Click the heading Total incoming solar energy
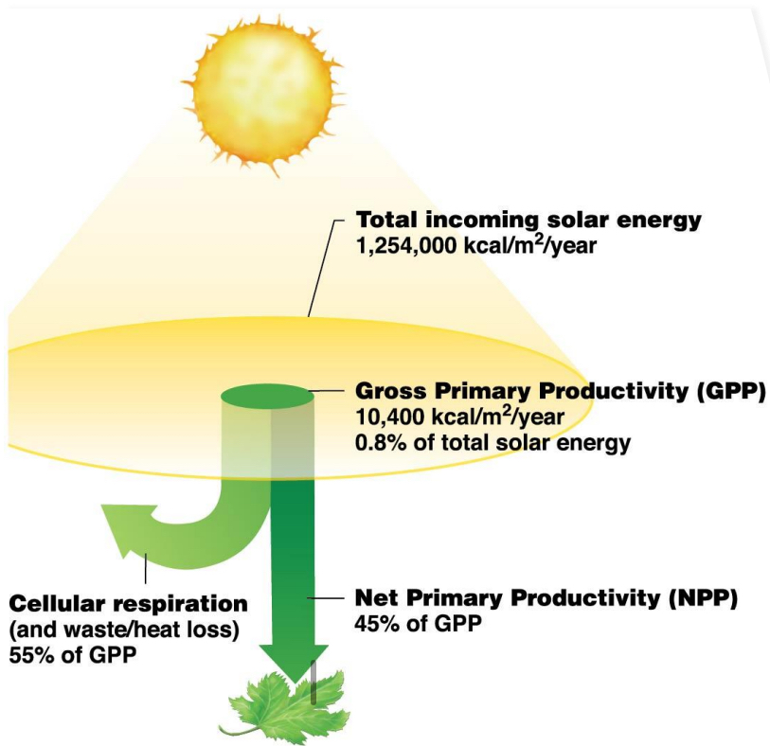point(528,221)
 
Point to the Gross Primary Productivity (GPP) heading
point(559,391)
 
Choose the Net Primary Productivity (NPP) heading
point(545,598)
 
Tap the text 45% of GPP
point(418,624)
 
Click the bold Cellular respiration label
point(129,603)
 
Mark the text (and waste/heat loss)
point(123,629)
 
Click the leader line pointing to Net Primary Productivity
point(328,598)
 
